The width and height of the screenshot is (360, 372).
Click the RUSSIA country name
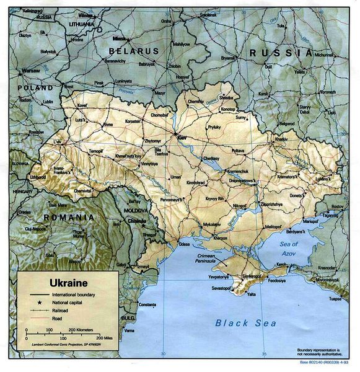pos(281,53)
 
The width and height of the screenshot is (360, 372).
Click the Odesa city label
pos(184,244)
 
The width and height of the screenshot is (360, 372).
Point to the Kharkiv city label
pos(281,139)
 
